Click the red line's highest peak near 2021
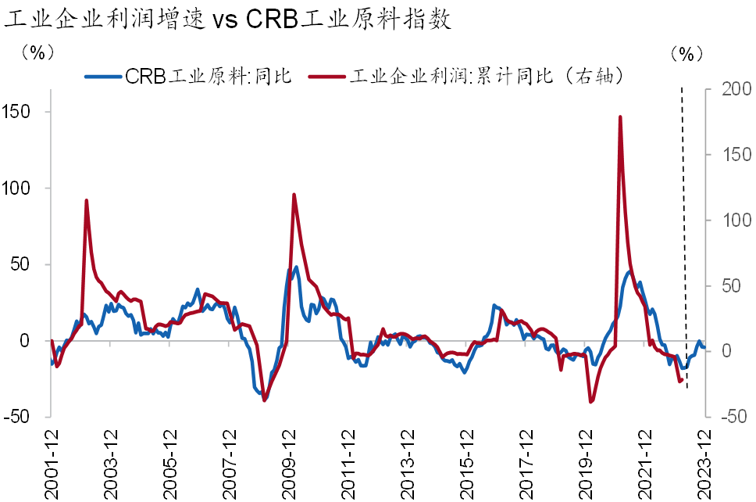click(620, 117)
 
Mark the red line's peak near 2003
click(86, 200)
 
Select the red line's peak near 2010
click(294, 195)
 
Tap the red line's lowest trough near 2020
click(590, 402)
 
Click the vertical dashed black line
click(684, 235)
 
